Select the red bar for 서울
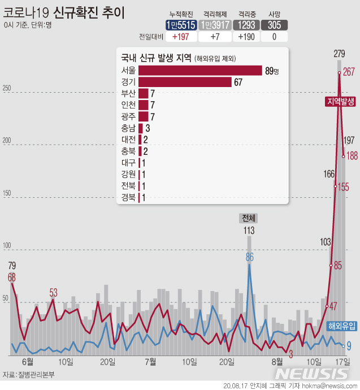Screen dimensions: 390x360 tap(200, 71)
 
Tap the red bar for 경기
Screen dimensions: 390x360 tap(185, 82)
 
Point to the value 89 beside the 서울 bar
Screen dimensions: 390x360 tap(270, 71)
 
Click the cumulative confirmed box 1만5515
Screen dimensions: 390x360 tap(181, 25)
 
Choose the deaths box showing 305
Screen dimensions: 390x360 tap(275, 25)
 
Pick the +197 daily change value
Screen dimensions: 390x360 tap(181, 37)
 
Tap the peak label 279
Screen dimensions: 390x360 tap(339, 54)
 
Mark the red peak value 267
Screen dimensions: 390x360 tap(349, 72)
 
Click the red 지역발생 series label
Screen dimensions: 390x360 tap(340, 101)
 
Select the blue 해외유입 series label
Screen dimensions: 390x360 tap(342, 326)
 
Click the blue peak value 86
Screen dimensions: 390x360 tap(249, 257)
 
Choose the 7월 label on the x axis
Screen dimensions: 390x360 tap(151, 361)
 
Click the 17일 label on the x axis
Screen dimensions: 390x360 tap(342, 361)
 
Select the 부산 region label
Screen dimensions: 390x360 tap(128, 93)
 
